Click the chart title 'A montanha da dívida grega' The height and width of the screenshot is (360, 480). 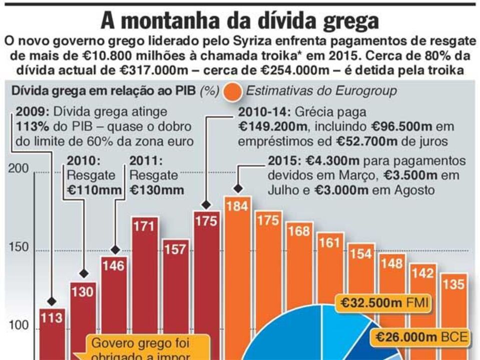(x=240, y=21)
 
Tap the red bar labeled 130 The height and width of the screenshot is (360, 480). (x=83, y=320)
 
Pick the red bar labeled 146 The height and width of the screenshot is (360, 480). (x=114, y=305)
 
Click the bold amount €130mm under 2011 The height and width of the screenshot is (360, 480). (x=157, y=190)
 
